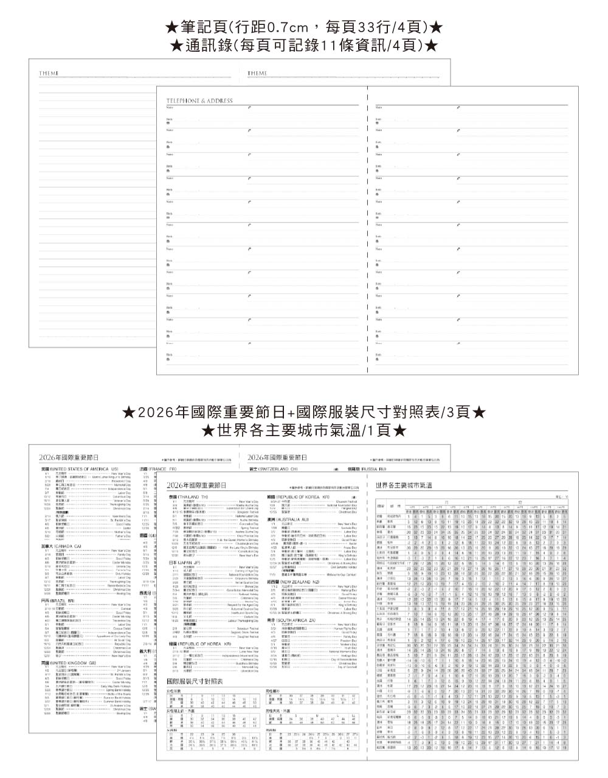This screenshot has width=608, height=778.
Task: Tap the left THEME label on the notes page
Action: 49,74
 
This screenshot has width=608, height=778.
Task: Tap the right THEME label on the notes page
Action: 257,74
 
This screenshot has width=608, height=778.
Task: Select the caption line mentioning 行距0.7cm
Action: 304,28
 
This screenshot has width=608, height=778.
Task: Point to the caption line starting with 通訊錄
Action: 304,45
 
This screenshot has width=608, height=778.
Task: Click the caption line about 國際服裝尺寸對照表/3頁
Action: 304,412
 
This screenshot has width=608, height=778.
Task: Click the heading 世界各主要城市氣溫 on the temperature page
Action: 404,485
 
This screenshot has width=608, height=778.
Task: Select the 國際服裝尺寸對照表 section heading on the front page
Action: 195,681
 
